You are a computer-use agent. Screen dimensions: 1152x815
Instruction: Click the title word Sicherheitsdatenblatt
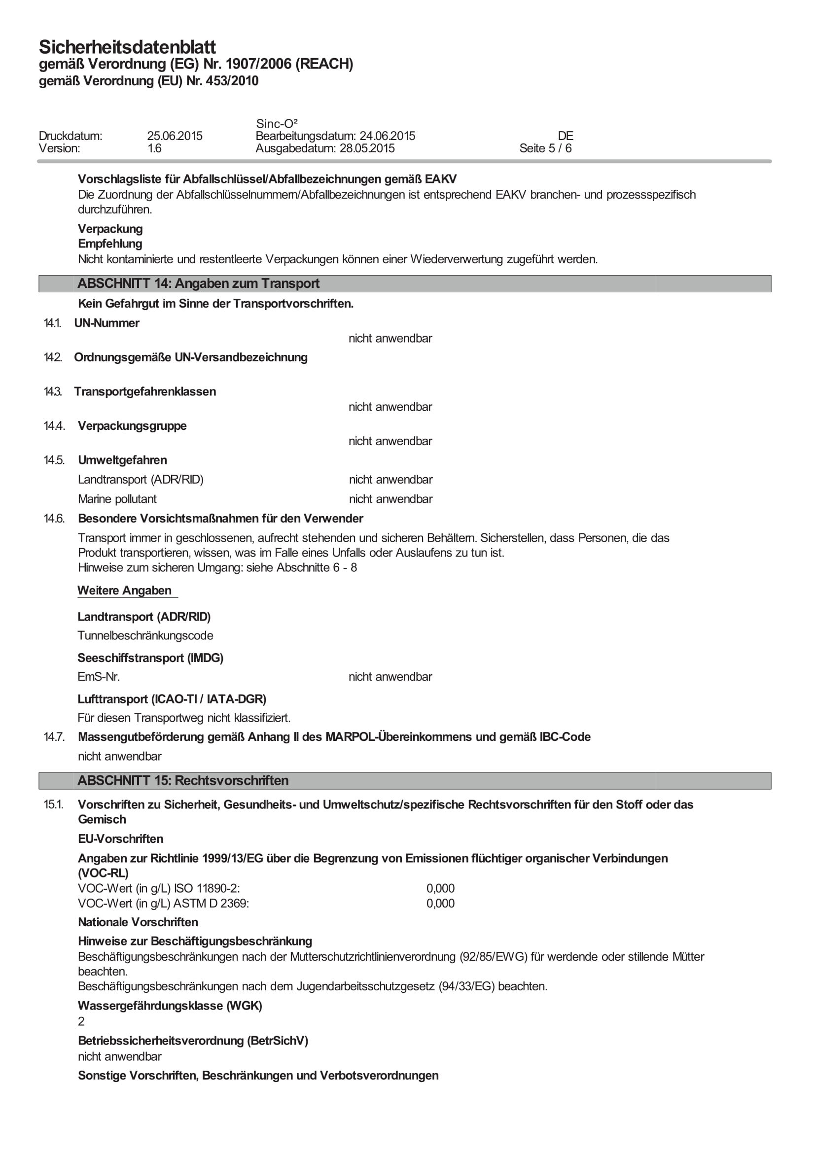tap(127, 47)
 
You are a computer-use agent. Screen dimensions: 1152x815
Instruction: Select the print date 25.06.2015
tap(175, 136)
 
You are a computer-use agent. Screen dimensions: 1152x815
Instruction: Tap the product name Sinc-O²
tap(277, 123)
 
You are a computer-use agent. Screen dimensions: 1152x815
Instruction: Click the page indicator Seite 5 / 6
tap(545, 148)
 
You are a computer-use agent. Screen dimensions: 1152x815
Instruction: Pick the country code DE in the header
tap(565, 136)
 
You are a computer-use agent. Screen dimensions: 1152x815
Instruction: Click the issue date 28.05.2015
tap(367, 148)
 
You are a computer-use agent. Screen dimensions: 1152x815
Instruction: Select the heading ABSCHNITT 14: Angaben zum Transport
tap(198, 283)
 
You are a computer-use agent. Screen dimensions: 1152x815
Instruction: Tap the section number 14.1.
tap(52, 323)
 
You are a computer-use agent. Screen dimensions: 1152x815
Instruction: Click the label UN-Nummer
tap(106, 323)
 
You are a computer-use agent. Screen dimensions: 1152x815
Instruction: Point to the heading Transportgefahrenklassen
tap(145, 391)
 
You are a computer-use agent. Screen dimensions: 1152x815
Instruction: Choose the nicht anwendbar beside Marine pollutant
tap(390, 499)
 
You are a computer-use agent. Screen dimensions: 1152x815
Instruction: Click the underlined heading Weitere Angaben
tap(124, 591)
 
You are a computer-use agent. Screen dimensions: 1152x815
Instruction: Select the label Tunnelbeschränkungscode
tap(145, 636)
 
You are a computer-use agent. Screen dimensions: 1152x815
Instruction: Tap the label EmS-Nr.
tap(99, 677)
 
